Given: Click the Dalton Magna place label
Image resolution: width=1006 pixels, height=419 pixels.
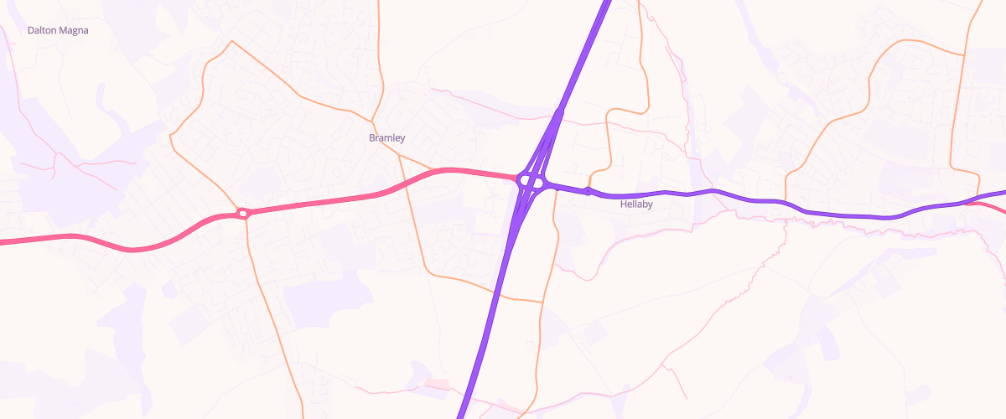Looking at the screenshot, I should [x=58, y=30].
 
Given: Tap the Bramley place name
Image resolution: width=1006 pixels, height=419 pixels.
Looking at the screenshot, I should [x=387, y=137].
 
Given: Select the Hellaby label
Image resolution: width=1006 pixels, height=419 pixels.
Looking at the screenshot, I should [x=636, y=204].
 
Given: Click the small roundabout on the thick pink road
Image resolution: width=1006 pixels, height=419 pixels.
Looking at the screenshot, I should [x=242, y=214].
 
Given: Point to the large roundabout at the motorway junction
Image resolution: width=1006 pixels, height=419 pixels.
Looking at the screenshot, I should [x=531, y=179].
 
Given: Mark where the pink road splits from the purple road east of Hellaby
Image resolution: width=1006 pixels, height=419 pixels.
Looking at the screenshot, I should [x=972, y=203].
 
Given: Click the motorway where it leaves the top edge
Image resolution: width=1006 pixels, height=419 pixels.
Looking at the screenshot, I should [x=605, y=3].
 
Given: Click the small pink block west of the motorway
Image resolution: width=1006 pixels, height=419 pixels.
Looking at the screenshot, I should [x=437, y=384].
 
